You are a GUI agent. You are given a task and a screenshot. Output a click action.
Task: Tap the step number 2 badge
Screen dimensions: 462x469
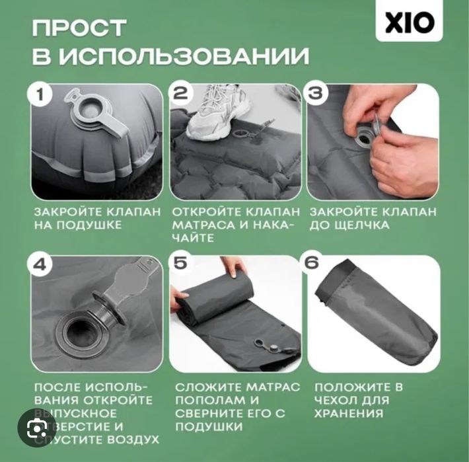coord(180,95)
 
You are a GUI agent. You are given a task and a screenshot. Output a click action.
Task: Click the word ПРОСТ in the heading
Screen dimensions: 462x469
coord(79,28)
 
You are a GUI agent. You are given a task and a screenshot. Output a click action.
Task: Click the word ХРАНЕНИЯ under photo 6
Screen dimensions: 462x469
coord(349,414)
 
